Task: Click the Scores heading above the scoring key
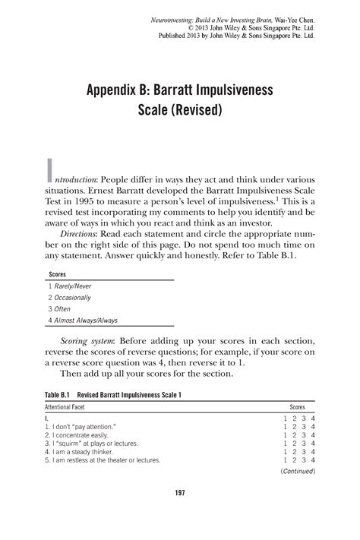click(x=57, y=272)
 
